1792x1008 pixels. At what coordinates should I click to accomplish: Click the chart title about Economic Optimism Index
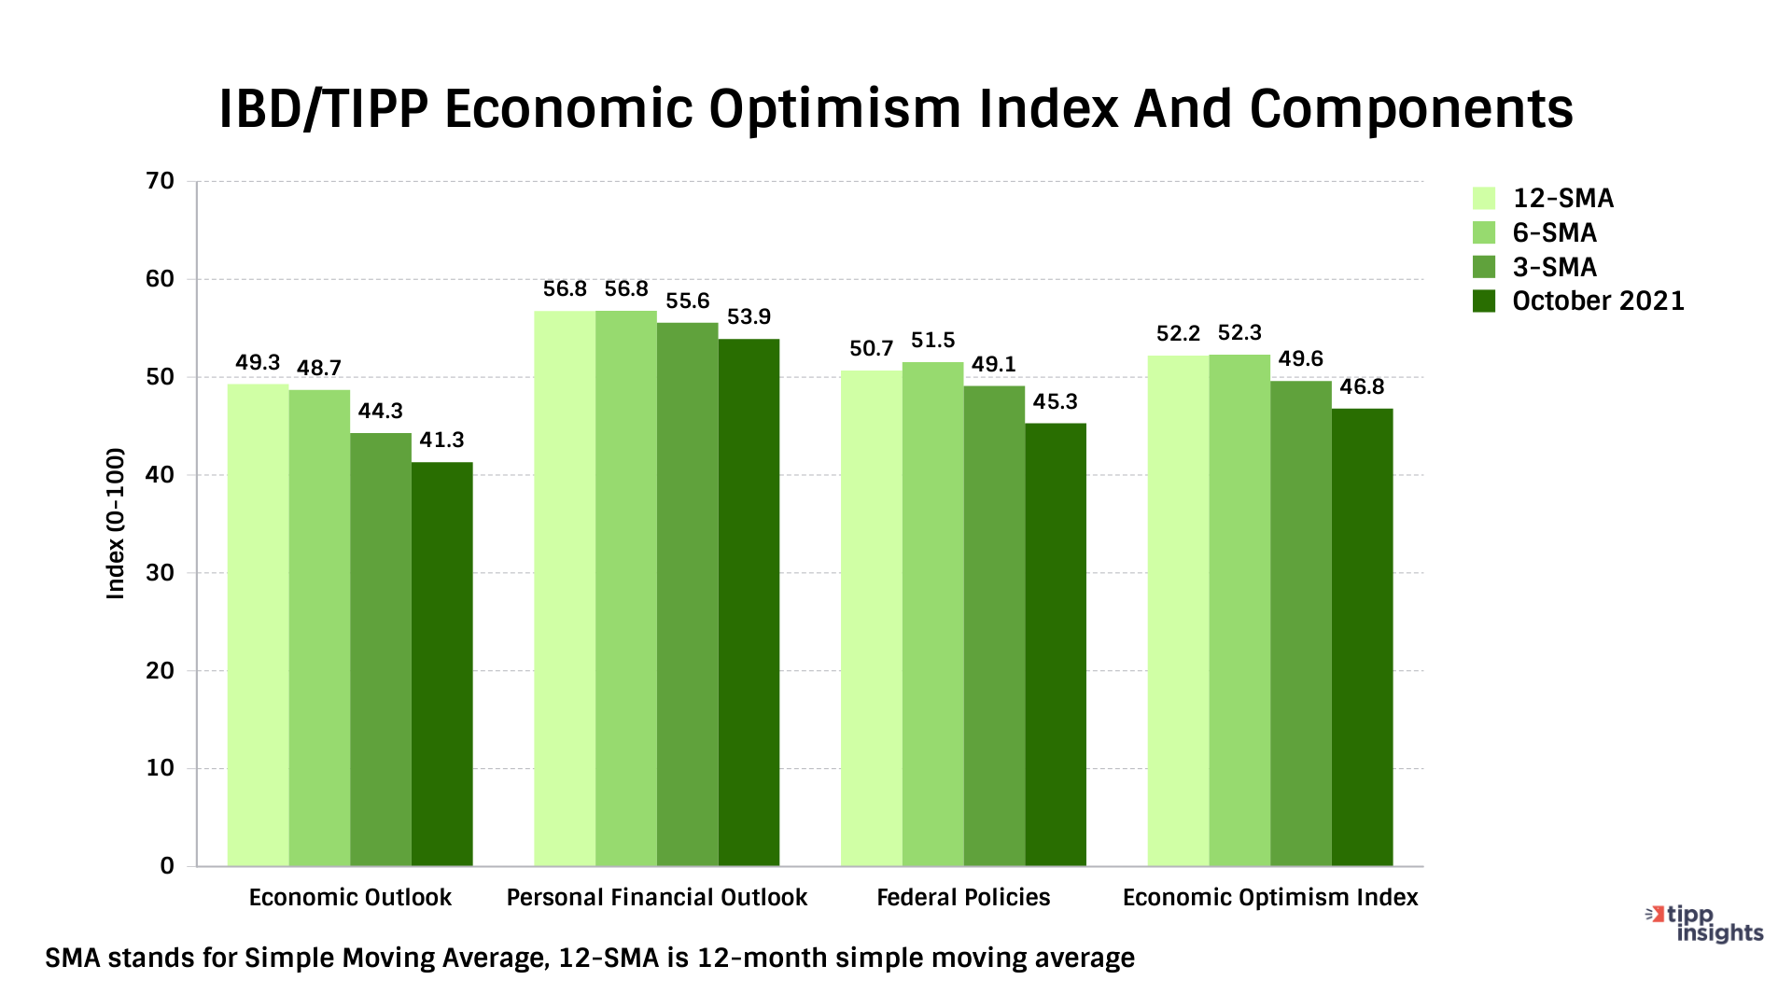tap(896, 109)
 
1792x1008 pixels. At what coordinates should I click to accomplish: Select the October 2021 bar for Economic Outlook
tap(441, 664)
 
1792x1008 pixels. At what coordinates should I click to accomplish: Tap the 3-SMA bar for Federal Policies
tap(994, 625)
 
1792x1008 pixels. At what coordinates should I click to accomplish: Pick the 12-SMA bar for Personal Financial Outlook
tap(565, 588)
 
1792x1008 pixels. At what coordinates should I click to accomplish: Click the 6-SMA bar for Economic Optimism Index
tap(1239, 610)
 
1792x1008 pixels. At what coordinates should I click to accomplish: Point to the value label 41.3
tap(441, 440)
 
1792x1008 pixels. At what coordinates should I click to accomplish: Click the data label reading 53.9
tap(749, 317)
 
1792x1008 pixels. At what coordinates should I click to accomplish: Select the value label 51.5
tap(932, 341)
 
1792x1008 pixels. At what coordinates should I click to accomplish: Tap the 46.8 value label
tap(1362, 387)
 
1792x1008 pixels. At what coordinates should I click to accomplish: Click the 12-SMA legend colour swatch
tap(1484, 199)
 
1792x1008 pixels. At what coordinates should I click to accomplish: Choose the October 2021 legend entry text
tap(1598, 301)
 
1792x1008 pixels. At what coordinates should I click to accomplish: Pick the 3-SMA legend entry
tap(1554, 268)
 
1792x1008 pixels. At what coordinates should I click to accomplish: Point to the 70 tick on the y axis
tap(161, 181)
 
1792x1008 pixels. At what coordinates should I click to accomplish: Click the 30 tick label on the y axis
tap(161, 573)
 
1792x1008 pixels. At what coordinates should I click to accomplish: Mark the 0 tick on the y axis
tap(167, 866)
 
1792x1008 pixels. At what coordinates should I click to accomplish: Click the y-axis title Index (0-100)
tap(116, 524)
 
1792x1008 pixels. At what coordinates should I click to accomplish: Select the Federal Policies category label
tap(963, 898)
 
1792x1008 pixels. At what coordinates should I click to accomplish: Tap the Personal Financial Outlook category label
tap(656, 898)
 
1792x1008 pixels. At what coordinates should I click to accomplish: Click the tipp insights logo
tap(1705, 924)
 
